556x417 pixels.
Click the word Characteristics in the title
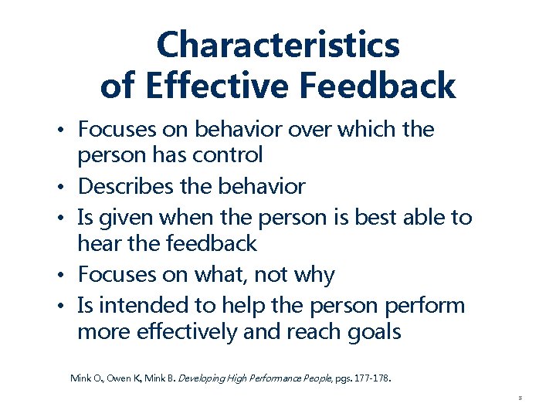(278, 45)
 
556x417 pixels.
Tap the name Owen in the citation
(118, 378)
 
